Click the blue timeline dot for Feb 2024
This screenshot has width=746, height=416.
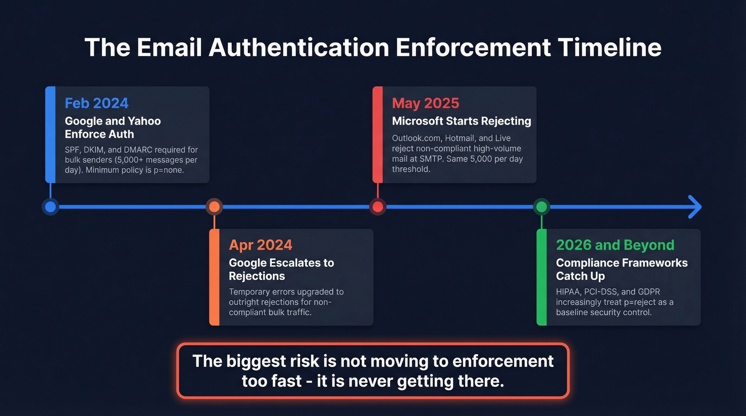pyautogui.click(x=51, y=207)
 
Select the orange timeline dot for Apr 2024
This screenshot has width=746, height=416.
pyautogui.click(x=214, y=207)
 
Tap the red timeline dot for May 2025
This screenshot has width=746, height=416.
pyautogui.click(x=378, y=207)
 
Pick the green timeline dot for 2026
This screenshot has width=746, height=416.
pyautogui.click(x=541, y=207)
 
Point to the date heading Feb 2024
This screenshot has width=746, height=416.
pyautogui.click(x=96, y=103)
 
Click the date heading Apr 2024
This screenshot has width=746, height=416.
pyautogui.click(x=261, y=245)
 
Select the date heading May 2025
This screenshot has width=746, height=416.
pyautogui.click(x=425, y=103)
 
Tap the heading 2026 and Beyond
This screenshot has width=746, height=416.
pyautogui.click(x=615, y=245)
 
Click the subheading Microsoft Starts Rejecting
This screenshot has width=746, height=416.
pyautogui.click(x=461, y=121)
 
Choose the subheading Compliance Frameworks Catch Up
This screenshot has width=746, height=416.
pyautogui.click(x=621, y=269)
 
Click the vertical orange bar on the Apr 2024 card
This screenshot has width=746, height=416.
pyautogui.click(x=214, y=277)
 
